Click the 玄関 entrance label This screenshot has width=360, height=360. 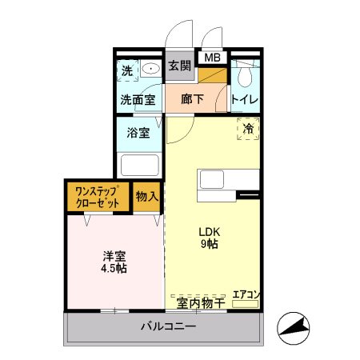[180, 66]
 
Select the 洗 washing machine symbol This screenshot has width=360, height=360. [127, 70]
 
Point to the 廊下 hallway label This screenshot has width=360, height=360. [192, 100]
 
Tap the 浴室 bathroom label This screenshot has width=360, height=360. [138, 133]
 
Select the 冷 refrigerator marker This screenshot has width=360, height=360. [249, 128]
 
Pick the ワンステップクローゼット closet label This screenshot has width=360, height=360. [98, 197]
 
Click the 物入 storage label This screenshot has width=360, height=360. [146, 197]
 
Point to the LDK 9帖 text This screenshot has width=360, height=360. [210, 238]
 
